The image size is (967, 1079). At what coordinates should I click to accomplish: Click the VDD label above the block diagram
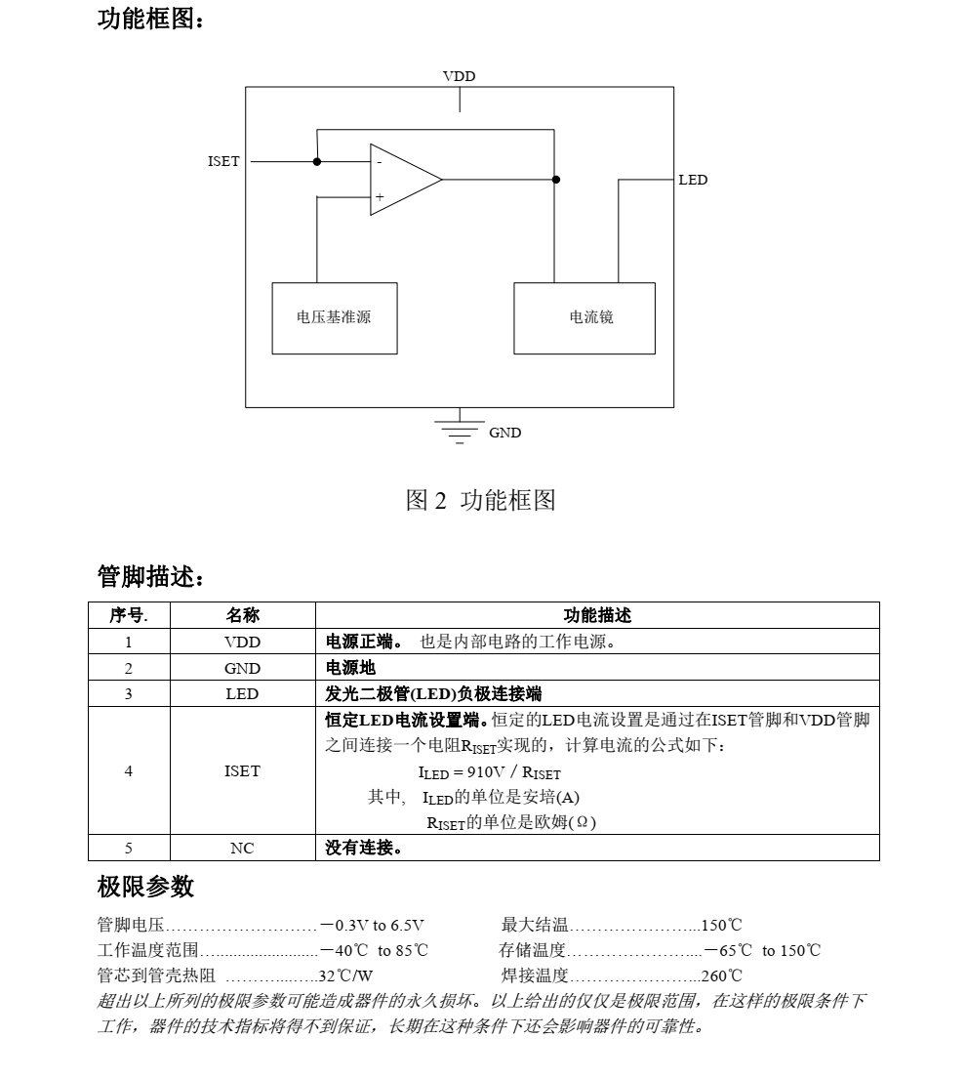[459, 76]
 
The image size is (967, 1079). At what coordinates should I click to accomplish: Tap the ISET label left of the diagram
[223, 161]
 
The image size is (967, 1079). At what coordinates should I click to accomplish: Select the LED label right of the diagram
[693, 180]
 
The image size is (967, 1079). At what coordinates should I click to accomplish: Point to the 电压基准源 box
[334, 318]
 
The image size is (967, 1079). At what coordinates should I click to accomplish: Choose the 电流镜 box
[584, 318]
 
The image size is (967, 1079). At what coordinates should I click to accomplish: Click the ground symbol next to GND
[459, 431]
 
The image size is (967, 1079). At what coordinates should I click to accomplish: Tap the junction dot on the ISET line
[317, 161]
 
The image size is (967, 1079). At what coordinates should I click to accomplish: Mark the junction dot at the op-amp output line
[555, 180]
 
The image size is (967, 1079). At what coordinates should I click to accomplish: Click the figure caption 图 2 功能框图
[480, 501]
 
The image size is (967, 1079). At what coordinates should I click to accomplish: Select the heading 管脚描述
[151, 577]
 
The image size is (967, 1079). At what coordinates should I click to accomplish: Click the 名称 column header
[242, 615]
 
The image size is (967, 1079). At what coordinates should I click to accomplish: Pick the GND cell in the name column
[242, 668]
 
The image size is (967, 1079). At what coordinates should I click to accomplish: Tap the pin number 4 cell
[129, 770]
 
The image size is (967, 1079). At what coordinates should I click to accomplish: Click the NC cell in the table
[242, 848]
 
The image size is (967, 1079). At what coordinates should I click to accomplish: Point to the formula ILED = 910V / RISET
[490, 772]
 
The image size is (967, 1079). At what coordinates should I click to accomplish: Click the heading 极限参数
[145, 887]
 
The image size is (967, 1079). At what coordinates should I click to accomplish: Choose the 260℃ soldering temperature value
[722, 975]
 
